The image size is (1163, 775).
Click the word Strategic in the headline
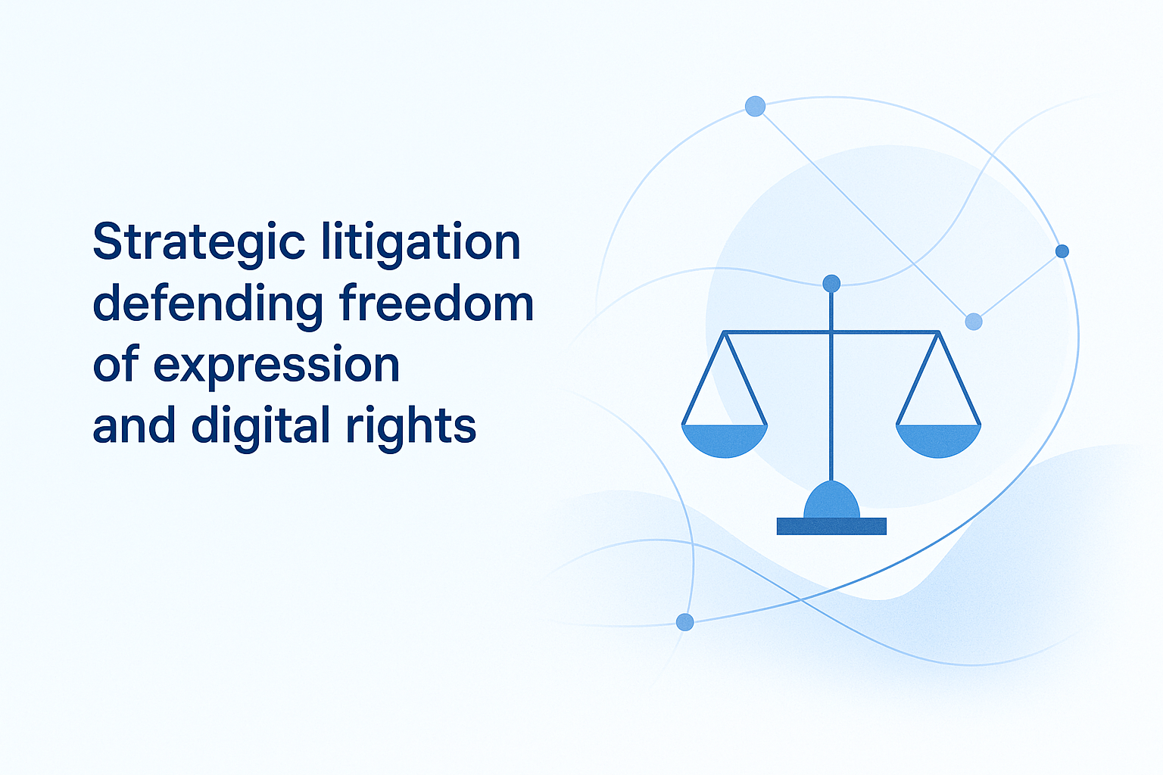click(199, 243)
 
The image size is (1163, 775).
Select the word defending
click(208, 304)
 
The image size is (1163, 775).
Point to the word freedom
click(437, 303)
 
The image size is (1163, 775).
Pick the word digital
click(261, 425)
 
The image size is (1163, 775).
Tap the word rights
click(411, 425)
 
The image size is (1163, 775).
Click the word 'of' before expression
click(115, 365)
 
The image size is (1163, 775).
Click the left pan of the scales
click(725, 441)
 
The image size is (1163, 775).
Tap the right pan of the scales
click(938, 441)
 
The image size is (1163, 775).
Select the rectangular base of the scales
click(831, 526)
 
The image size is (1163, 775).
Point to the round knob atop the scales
click(831, 284)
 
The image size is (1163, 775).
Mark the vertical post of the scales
click(831, 409)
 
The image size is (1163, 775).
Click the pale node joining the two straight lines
click(974, 322)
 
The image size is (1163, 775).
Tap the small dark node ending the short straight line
click(1062, 251)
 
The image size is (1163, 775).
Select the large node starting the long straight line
click(755, 106)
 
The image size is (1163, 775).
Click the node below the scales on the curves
click(684, 622)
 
